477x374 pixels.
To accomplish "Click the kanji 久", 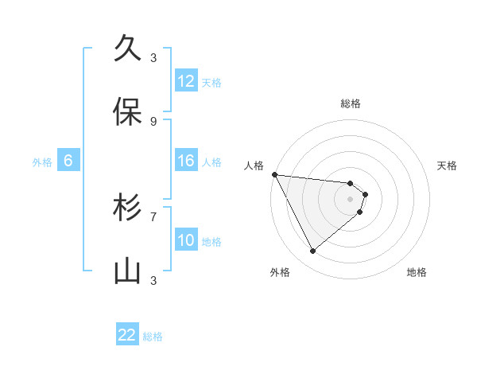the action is point(128,49).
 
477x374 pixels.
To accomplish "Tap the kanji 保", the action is point(128,112).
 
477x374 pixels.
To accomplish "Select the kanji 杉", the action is point(128,208).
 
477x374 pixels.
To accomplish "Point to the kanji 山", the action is point(128,271).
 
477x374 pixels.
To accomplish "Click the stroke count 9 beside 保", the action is point(153,121).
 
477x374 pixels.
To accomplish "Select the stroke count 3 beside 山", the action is point(153,280).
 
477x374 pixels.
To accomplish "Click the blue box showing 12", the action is point(186,81).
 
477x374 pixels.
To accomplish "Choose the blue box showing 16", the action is point(186,161).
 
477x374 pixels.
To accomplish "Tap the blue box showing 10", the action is point(186,240).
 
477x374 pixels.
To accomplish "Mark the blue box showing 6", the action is point(68,161).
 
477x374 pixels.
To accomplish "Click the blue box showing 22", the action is point(127,335).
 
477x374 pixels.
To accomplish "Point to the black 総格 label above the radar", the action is point(351,103).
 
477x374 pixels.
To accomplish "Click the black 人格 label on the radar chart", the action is point(254,166).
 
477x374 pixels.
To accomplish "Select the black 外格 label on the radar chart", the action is point(280,272).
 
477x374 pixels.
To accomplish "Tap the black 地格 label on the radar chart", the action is point(417,272).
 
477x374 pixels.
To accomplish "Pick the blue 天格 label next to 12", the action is point(211,83).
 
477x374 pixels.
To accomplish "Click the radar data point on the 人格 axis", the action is point(274,174).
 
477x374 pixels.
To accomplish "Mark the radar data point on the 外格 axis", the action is point(312,251).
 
